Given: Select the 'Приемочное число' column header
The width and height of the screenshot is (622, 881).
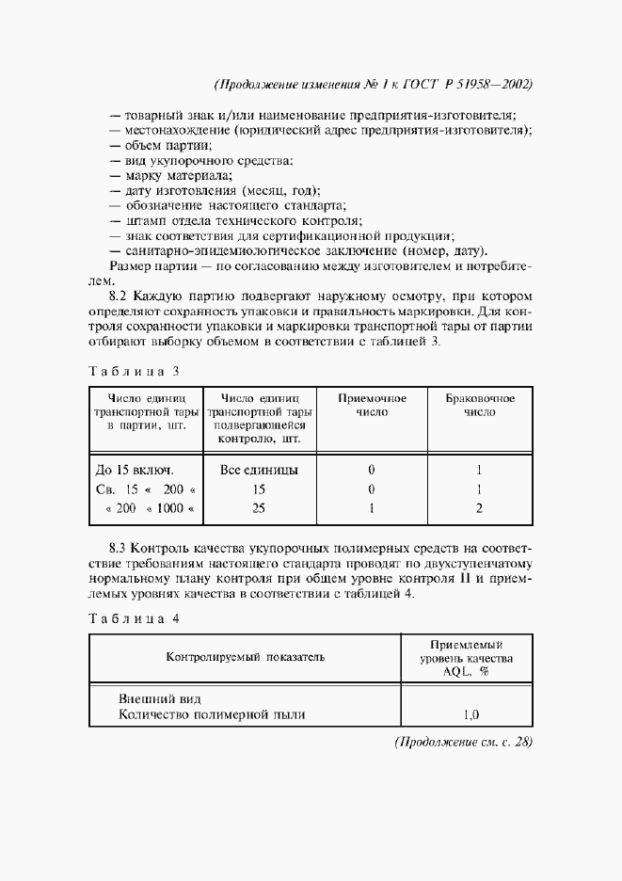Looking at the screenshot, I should [372, 406].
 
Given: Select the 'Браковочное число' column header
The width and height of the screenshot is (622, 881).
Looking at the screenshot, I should [480, 406].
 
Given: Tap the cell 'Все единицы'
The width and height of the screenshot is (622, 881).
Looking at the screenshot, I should [259, 469].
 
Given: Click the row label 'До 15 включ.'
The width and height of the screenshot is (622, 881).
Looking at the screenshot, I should [136, 469].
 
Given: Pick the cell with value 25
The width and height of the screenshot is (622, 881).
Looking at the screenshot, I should [259, 508].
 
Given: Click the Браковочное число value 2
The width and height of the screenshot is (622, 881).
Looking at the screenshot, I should [479, 508].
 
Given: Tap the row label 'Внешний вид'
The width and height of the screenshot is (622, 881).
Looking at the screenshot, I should [160, 698].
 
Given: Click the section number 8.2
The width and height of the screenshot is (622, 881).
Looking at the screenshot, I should [120, 296].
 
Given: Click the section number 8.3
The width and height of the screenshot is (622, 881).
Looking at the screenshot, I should [120, 547].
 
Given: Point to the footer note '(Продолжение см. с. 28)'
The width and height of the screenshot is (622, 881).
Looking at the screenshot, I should [463, 742].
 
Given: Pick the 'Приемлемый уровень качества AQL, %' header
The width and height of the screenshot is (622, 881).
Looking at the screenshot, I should [466, 657].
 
